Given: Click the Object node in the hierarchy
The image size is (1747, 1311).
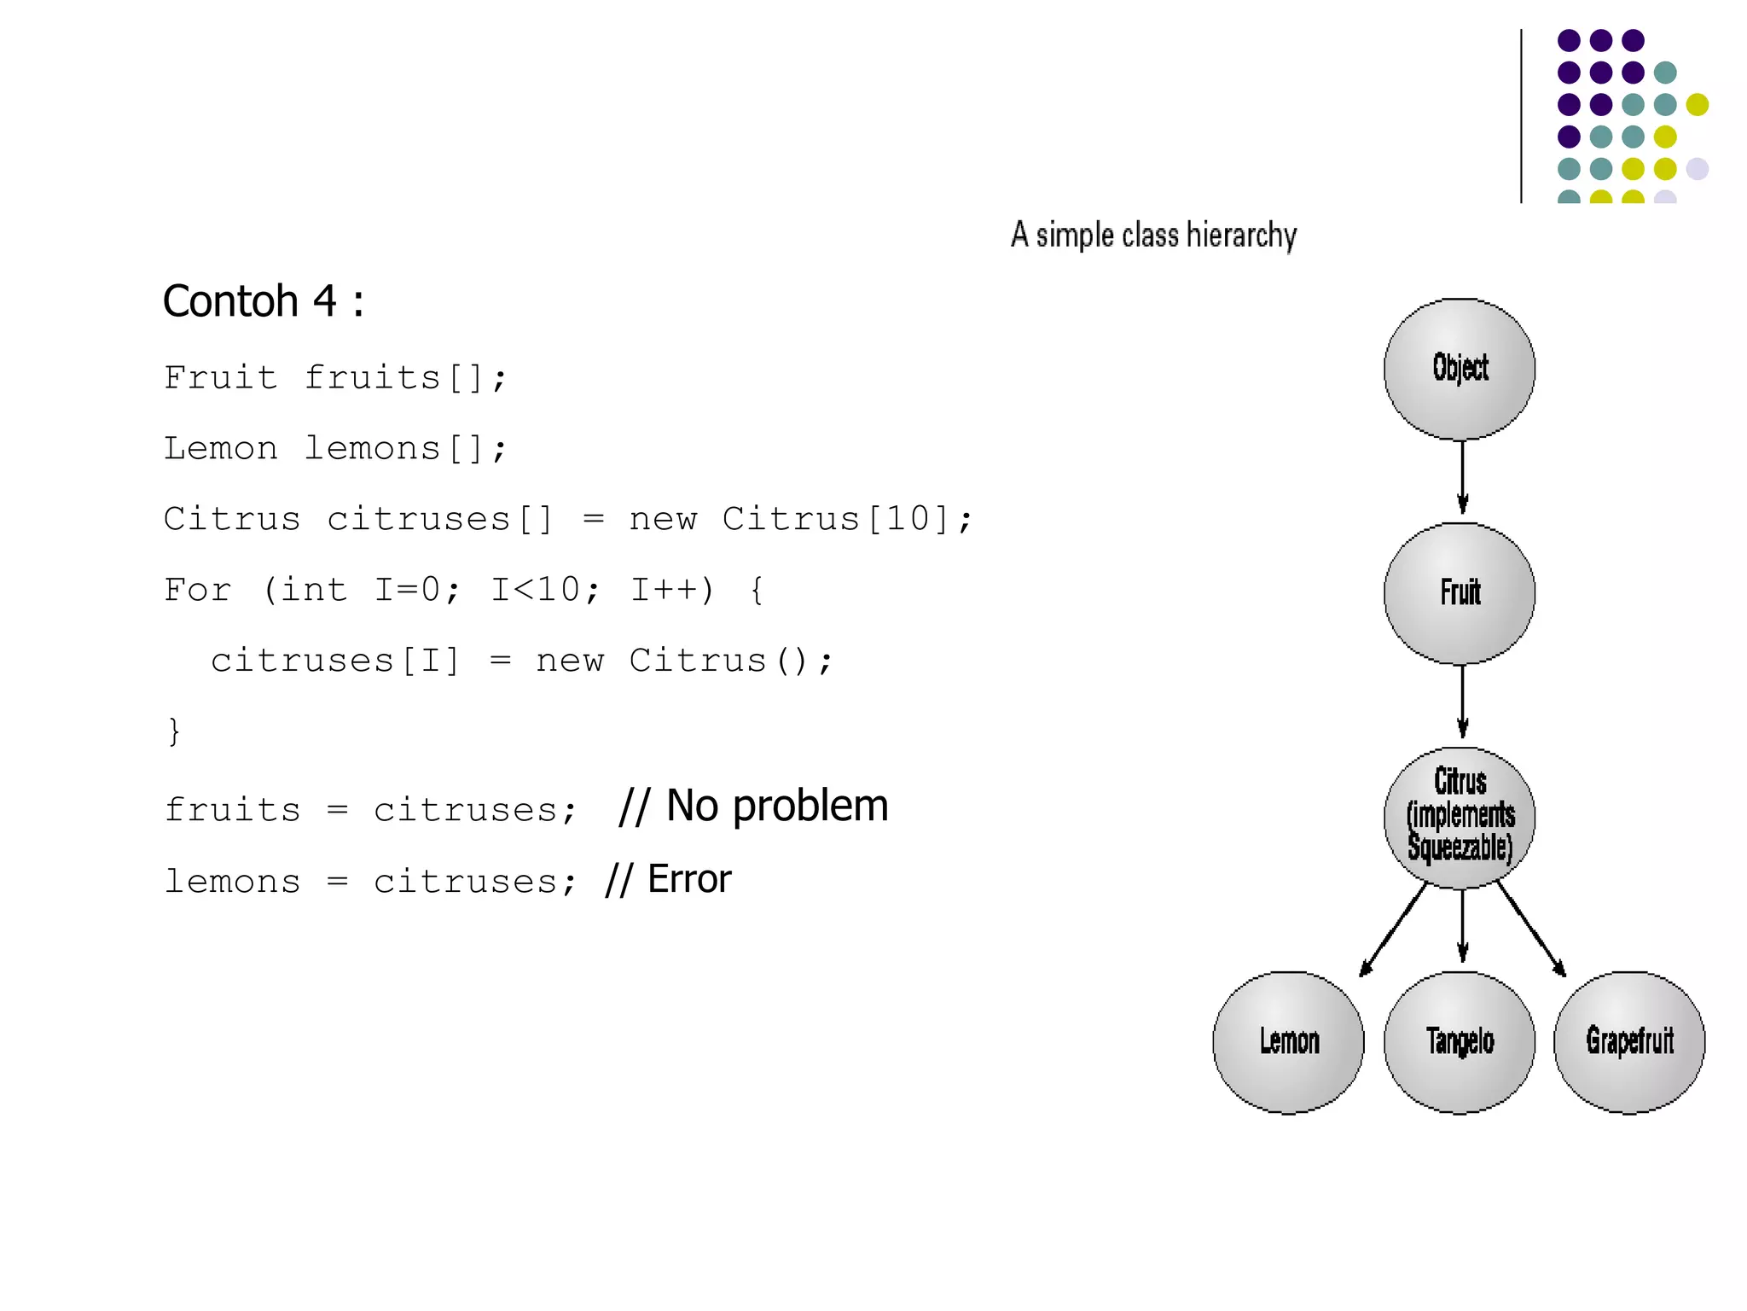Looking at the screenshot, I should (x=1459, y=369).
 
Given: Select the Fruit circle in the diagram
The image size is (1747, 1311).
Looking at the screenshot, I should (x=1459, y=593).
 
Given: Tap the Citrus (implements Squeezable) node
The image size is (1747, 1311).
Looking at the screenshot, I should (x=1459, y=817).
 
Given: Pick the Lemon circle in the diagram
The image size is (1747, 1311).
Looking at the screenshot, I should (x=1288, y=1041).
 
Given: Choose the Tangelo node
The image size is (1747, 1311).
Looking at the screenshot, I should (x=1459, y=1041).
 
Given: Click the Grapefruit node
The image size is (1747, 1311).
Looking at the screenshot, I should (x=1628, y=1041).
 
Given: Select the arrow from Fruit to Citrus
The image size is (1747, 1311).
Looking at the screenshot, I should (x=1462, y=702).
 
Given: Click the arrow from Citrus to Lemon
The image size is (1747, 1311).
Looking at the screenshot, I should (x=1393, y=930).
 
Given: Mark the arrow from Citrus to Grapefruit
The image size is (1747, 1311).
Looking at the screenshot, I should (x=1532, y=930).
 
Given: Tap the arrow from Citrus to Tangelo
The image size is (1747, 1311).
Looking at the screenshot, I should (x=1462, y=926).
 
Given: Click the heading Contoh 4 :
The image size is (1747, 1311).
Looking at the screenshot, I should (x=264, y=301).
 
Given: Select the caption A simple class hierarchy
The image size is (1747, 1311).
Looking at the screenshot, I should (x=1153, y=235).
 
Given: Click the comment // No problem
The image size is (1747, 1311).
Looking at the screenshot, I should (x=753, y=806).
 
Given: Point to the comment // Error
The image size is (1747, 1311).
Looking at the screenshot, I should (x=668, y=879).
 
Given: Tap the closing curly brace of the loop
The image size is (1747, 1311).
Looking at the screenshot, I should (x=174, y=731).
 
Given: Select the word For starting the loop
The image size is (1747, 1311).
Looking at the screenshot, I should (x=197, y=590).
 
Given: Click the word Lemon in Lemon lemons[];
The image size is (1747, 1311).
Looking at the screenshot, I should (x=221, y=448).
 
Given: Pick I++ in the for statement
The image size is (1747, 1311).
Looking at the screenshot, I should (x=671, y=590).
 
